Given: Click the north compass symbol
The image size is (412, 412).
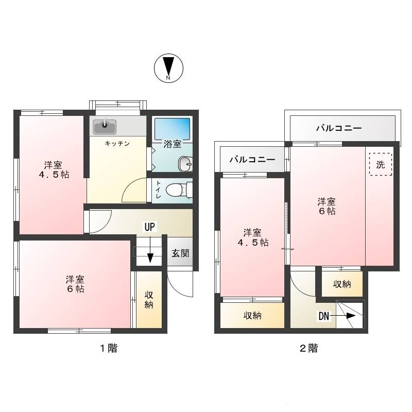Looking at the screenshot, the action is pos(168,68).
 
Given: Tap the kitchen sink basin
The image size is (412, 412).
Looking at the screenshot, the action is pos(105,127).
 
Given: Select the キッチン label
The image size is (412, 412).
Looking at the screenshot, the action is pos(117,144).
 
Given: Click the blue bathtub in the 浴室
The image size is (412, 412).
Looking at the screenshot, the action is pos(172,129).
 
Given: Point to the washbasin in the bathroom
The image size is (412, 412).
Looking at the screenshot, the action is pos(185,164).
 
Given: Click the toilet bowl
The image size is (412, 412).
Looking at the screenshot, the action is pos(177,190).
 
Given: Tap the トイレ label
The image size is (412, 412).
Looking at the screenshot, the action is pos(158,190).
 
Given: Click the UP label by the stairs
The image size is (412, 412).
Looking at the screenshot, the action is pos(150,227).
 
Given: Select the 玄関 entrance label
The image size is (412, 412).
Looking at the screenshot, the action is pos(180,253).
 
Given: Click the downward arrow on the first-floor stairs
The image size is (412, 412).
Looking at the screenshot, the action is pos(150,250).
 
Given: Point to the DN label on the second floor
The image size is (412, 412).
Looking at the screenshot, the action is pos(324,316).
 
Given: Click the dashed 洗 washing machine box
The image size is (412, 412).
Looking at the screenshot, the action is pos(380,164).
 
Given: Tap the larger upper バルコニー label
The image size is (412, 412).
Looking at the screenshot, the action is pos(339,128).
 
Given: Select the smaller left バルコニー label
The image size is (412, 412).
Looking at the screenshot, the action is pos(252,160).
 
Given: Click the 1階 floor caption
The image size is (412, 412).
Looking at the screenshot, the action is pos(109,349).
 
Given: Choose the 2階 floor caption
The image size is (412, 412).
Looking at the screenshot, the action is pos(308,349).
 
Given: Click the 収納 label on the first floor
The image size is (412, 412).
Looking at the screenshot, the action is pos(149,300).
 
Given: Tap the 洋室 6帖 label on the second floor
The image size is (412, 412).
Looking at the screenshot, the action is pos(327,207).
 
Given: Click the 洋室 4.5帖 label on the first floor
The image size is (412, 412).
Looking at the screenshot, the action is pos(54,170).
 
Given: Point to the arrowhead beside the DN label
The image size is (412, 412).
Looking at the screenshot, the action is pos(351,316).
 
